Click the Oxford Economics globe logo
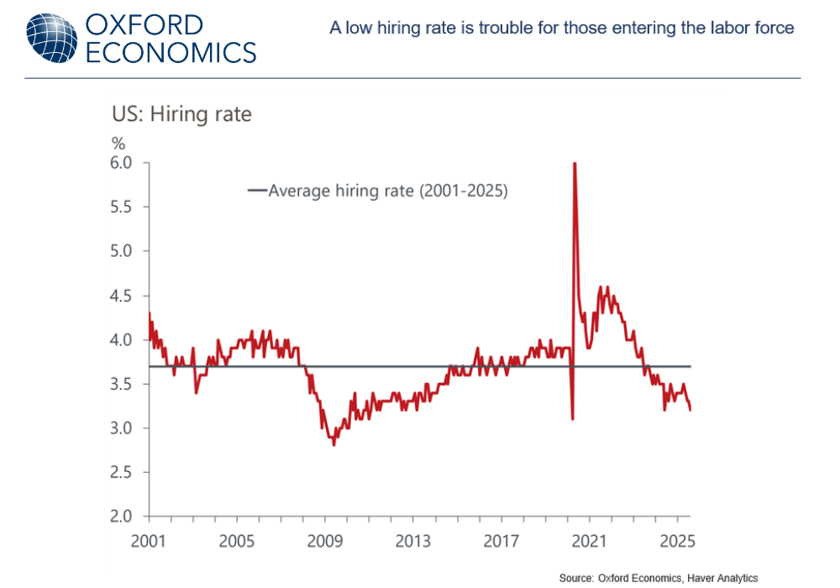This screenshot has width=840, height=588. click(x=52, y=38)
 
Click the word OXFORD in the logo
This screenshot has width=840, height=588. click(x=144, y=24)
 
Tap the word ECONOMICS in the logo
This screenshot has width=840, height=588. click(x=171, y=52)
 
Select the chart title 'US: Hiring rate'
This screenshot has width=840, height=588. click(x=181, y=114)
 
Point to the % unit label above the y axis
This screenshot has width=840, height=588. click(x=118, y=144)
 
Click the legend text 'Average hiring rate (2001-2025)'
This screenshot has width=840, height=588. click(x=388, y=191)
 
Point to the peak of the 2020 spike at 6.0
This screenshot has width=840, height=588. click(x=575, y=164)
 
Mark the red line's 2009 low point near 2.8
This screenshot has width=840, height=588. click(x=334, y=444)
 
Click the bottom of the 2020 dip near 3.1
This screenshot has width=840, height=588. click(x=572, y=418)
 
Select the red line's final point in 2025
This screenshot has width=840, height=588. click(x=690, y=409)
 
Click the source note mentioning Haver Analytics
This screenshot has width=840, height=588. click(x=659, y=578)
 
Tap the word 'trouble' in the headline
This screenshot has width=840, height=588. click(x=511, y=28)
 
